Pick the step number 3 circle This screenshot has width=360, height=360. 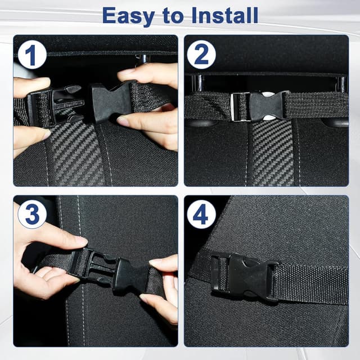pyautogui.click(x=31, y=215)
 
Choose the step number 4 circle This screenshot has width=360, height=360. pyautogui.click(x=202, y=215)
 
